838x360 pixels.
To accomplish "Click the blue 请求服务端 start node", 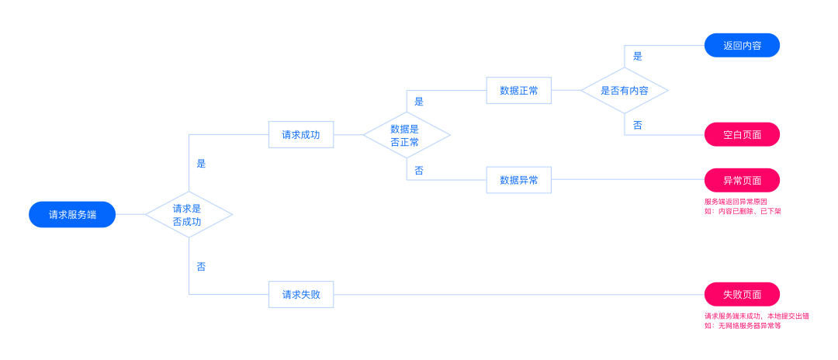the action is [72, 215].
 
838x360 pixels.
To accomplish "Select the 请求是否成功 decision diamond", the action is [189, 215].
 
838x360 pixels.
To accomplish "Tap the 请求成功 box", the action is [301, 134].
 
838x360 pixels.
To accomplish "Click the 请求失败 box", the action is [301, 294].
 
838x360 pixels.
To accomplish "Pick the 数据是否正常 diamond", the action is [407, 135].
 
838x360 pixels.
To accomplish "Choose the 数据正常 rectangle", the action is [519, 90].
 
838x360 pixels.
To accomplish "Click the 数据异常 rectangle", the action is [519, 180].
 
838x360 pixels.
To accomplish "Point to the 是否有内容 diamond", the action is [624, 90].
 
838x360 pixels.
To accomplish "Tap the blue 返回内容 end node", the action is [742, 46].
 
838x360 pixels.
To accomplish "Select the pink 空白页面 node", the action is [742, 134].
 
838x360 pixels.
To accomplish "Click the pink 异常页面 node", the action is [742, 180].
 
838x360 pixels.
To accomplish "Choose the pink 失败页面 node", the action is [742, 294].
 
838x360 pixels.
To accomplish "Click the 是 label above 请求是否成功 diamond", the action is [201, 164].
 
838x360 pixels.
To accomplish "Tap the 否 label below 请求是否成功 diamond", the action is [201, 267].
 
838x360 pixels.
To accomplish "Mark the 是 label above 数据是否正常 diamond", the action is [419, 102].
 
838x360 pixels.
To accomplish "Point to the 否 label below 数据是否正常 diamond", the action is [419, 171].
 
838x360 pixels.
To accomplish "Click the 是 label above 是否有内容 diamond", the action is [638, 56].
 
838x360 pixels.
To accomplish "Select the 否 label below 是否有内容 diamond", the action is [638, 125].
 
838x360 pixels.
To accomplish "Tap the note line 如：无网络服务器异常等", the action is [743, 325].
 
